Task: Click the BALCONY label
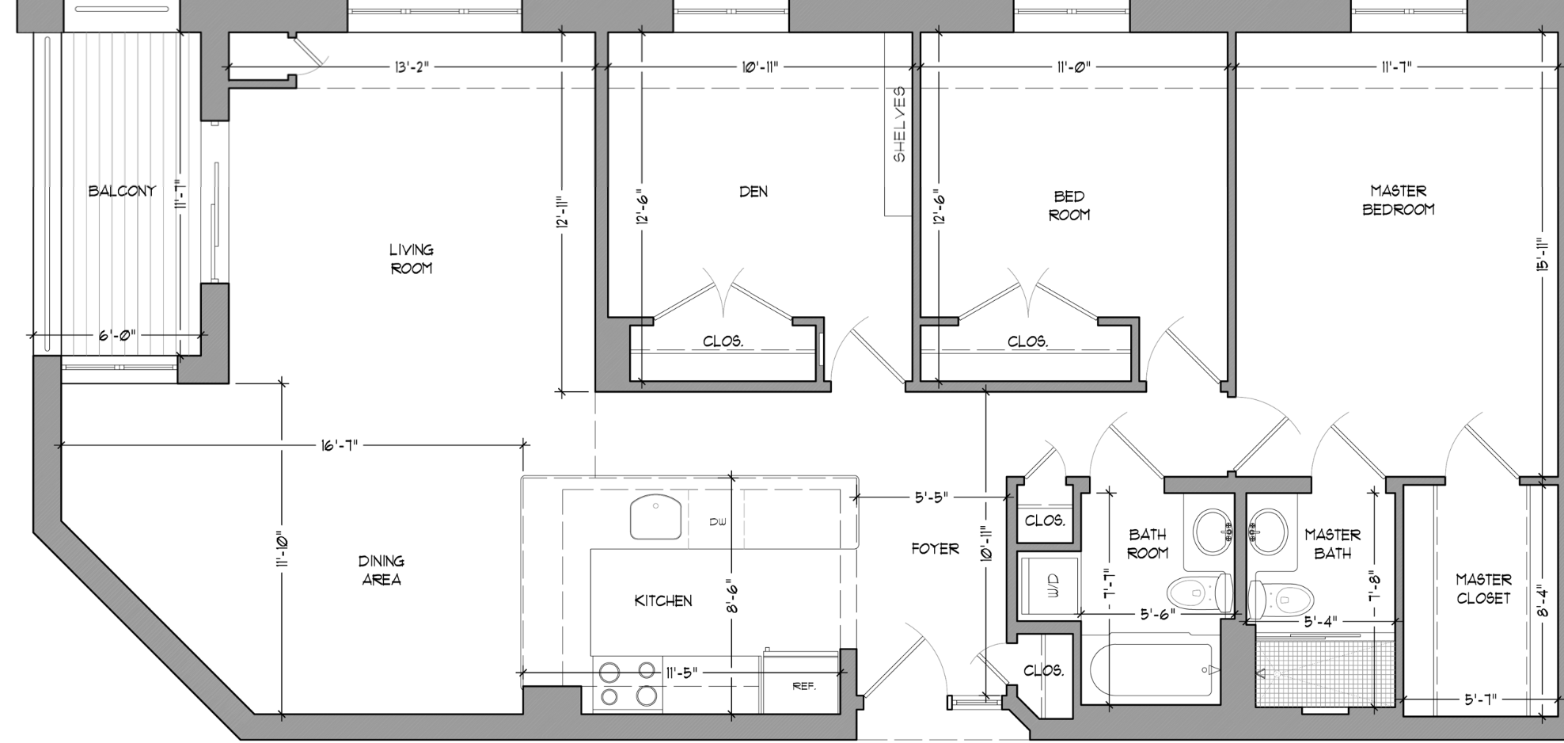[x=122, y=191]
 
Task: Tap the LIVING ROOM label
[x=412, y=259]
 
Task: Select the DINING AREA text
[x=382, y=570]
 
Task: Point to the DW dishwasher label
[x=718, y=522]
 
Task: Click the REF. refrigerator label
[x=804, y=686]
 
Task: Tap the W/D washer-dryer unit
[x=1049, y=586]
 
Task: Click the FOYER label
[x=935, y=548]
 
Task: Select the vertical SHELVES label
[x=900, y=124]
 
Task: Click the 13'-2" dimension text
[x=412, y=67]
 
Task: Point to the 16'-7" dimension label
[x=340, y=445]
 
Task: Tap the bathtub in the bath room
[x=1152, y=670]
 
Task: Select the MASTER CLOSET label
[x=1483, y=589]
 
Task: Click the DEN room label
[x=754, y=192]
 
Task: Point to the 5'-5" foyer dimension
[x=932, y=498]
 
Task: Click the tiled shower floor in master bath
[x=1323, y=673]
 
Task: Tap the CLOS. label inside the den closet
[x=723, y=342]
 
